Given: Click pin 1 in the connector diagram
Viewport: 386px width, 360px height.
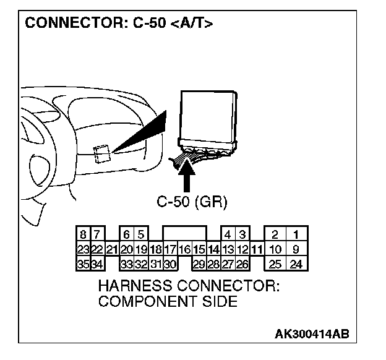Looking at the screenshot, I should pyautogui.click(x=296, y=235).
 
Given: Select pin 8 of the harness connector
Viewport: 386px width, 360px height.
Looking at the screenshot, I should pyautogui.click(x=83, y=235).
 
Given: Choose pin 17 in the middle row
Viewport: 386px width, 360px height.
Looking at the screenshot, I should pyautogui.click(x=170, y=250).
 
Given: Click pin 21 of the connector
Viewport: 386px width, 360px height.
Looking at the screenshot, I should pyautogui.click(x=111, y=250).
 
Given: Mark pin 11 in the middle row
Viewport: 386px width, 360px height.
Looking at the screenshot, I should pyautogui.click(x=257, y=250).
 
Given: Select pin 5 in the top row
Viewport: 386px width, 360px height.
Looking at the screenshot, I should pyautogui.click(x=141, y=235).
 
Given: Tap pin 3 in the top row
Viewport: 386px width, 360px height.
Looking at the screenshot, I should pyautogui.click(x=242, y=235).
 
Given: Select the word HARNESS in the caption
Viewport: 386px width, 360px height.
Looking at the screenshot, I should pyautogui.click(x=131, y=288).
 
